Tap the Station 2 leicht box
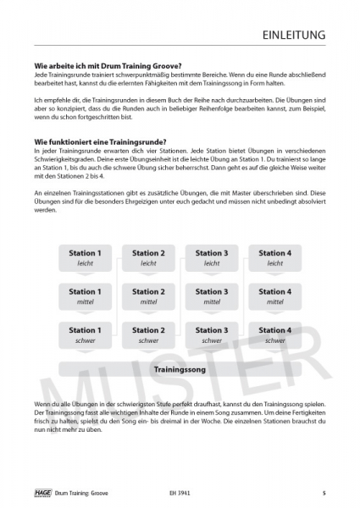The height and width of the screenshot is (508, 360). [148, 257]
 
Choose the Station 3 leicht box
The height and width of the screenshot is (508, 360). [211, 257]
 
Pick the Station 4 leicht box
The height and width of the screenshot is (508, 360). [274, 257]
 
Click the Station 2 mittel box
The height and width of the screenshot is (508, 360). [148, 296]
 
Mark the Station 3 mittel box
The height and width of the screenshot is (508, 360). [211, 296]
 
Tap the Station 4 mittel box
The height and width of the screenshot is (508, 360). [274, 296]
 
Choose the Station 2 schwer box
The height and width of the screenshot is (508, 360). [148, 334]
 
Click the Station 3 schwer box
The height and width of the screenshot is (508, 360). [211, 334]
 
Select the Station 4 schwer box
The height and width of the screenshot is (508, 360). [274, 334]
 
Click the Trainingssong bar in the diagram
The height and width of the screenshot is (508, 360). [179, 370]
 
